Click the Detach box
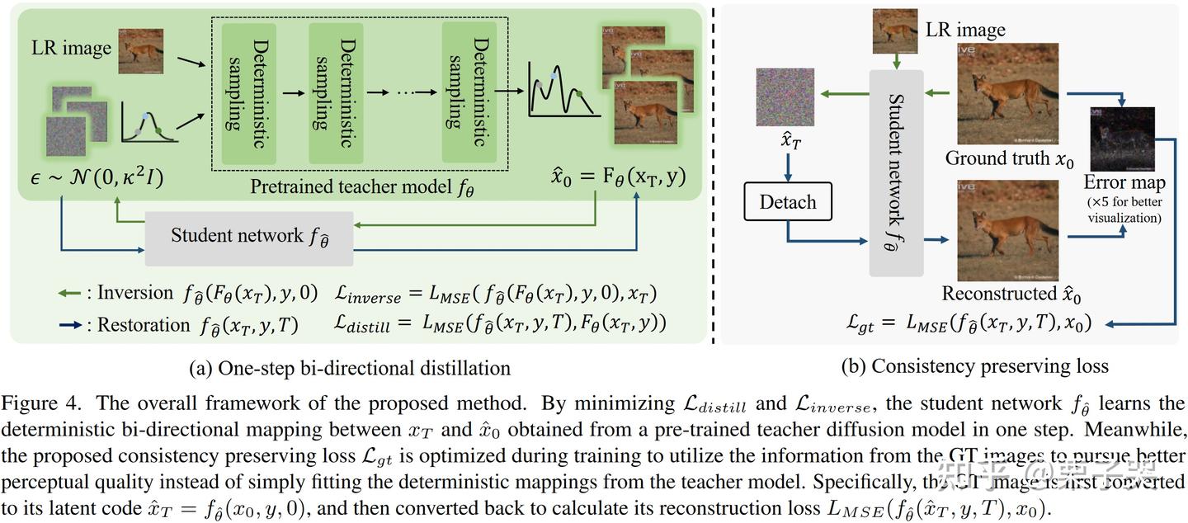tap(788, 202)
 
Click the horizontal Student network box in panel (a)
tap(248, 237)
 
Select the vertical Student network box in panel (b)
tap(897, 172)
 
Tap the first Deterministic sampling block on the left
tap(245, 92)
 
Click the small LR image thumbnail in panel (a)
tap(141, 51)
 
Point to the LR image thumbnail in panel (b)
tap(895, 31)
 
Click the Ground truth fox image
tap(1007, 94)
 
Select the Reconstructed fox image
tap(1007, 231)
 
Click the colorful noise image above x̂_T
tap(785, 97)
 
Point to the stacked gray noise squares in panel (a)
tap(74, 122)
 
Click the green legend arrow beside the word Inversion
tap(72, 293)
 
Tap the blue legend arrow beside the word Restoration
tap(72, 325)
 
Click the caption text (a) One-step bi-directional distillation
tap(350, 368)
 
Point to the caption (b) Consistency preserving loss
tap(974, 365)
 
